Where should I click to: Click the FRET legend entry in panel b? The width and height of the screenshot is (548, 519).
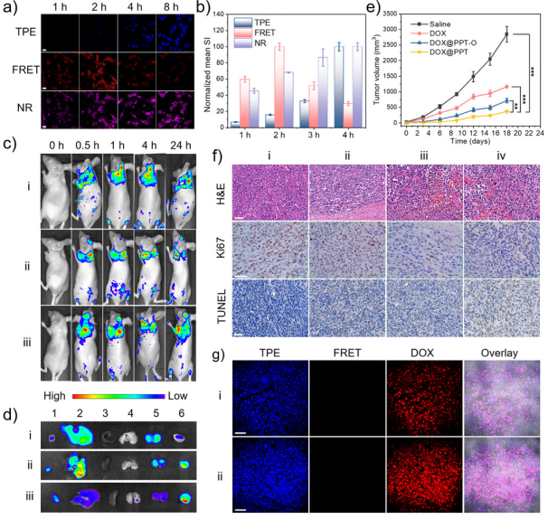(x=254, y=33)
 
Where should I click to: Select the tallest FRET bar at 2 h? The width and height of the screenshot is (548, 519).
(x=279, y=87)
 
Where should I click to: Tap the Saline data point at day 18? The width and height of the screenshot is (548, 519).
(x=506, y=33)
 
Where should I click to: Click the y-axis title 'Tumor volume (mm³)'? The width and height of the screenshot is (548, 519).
(x=376, y=70)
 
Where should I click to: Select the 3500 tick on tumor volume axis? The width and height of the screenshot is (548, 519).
(x=390, y=14)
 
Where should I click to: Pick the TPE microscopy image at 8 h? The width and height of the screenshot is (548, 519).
(x=175, y=33)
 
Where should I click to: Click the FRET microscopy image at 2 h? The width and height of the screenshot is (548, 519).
(x=99, y=71)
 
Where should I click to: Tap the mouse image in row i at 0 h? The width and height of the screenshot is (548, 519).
(x=56, y=191)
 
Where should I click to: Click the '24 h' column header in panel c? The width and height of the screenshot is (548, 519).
(x=181, y=146)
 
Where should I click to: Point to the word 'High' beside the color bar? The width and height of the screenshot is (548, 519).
(x=54, y=396)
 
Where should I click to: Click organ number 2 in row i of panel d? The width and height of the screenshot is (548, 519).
(x=78, y=434)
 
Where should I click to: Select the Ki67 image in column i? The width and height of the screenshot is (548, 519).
(x=270, y=250)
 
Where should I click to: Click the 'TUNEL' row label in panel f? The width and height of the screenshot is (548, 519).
(x=222, y=307)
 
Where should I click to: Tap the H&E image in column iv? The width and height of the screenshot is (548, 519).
(x=502, y=193)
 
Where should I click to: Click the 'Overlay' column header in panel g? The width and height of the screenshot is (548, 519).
(x=499, y=353)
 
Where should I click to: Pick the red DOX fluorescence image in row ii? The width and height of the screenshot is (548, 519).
(x=425, y=475)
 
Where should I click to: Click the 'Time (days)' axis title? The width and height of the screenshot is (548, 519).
(x=470, y=141)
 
